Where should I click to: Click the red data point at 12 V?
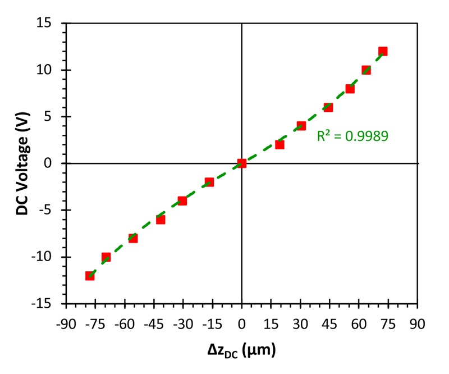tap(383, 52)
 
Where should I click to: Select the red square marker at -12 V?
tap(90, 276)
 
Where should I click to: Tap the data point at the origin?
tap(242, 163)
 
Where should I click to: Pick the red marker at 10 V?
tap(366, 70)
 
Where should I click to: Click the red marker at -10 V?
tap(106, 257)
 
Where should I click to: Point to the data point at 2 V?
tap(280, 144)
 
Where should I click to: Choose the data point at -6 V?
tap(161, 220)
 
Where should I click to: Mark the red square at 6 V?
tap(328, 107)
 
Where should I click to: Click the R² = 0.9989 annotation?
tap(353, 135)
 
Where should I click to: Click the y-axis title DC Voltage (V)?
tap(21, 163)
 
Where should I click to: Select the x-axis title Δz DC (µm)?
tap(241, 351)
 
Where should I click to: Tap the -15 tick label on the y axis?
tap(51, 304)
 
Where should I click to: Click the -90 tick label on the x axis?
tap(66, 324)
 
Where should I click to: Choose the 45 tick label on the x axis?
tap(329, 324)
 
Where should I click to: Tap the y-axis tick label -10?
tap(51, 257)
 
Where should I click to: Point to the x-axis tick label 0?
tap(242, 324)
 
